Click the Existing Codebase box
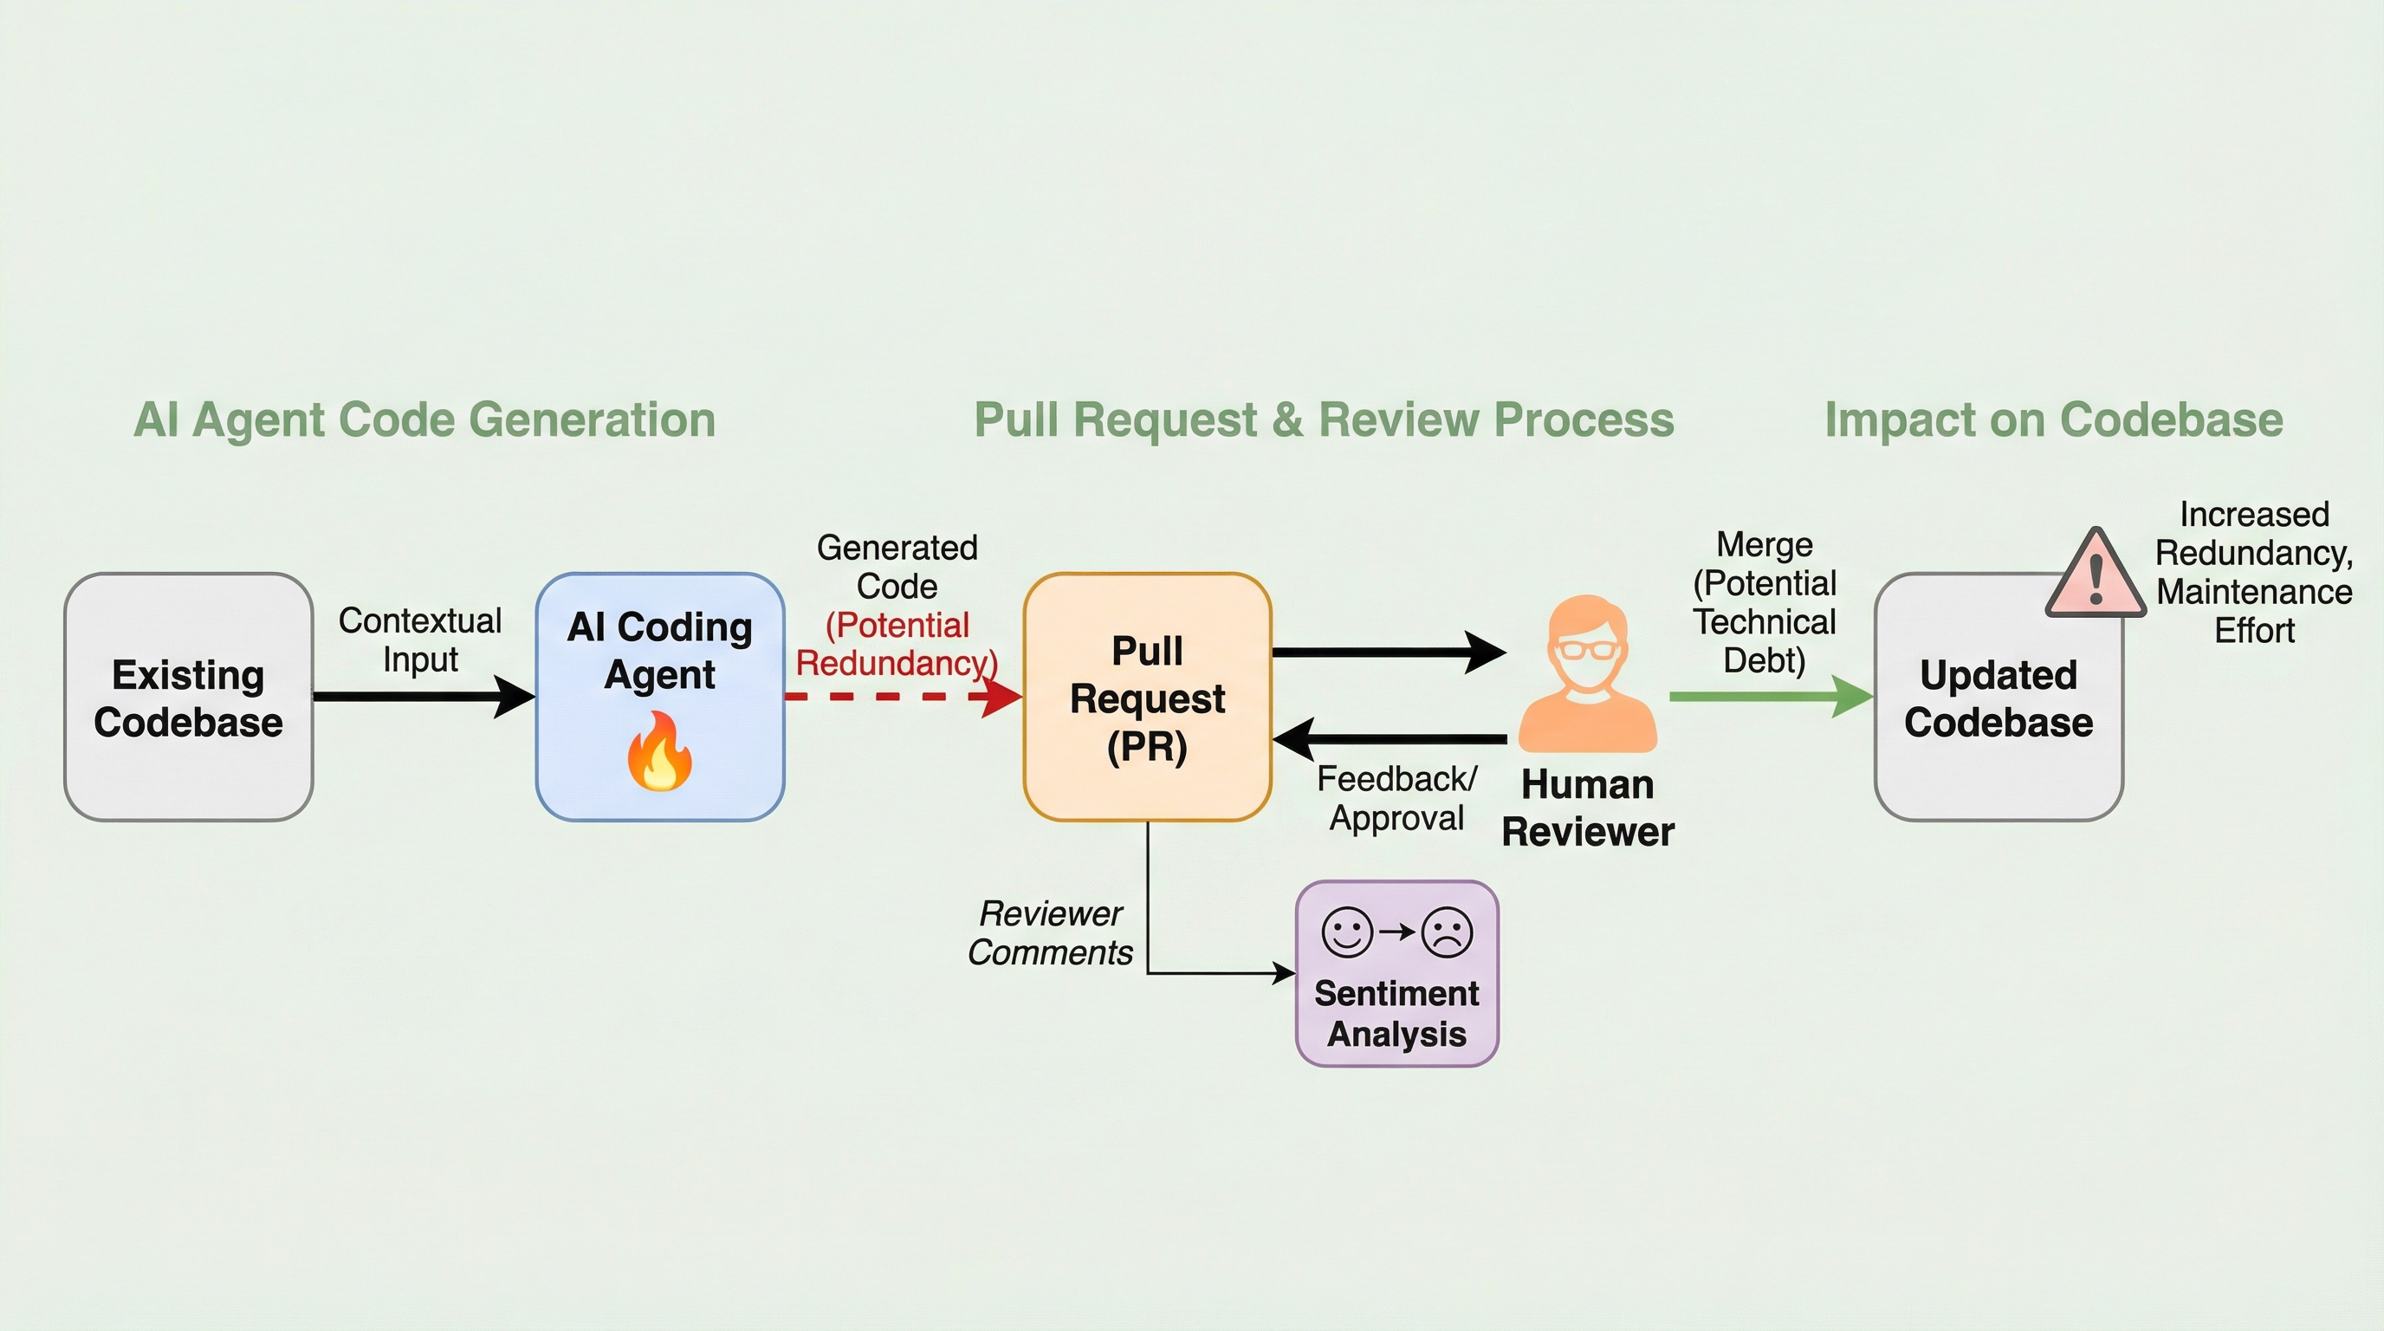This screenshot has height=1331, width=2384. tap(188, 697)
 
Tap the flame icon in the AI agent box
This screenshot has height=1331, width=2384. tap(659, 750)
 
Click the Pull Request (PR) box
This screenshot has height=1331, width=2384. tap(1147, 697)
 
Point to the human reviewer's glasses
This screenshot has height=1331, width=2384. tap(1587, 647)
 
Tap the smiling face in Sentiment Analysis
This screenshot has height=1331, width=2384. tap(1346, 932)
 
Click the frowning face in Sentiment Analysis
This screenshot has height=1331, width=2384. tap(1447, 932)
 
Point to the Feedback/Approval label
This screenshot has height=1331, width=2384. tap(1396, 799)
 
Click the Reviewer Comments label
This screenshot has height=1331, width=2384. tap(1051, 933)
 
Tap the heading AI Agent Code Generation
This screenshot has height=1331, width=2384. tap(424, 420)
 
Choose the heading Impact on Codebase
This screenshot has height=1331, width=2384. tap(2054, 420)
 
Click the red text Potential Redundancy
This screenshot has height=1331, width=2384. tap(897, 644)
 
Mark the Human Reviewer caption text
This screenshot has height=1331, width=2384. tap(1587, 808)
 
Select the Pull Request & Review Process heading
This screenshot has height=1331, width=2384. tap(1324, 420)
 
